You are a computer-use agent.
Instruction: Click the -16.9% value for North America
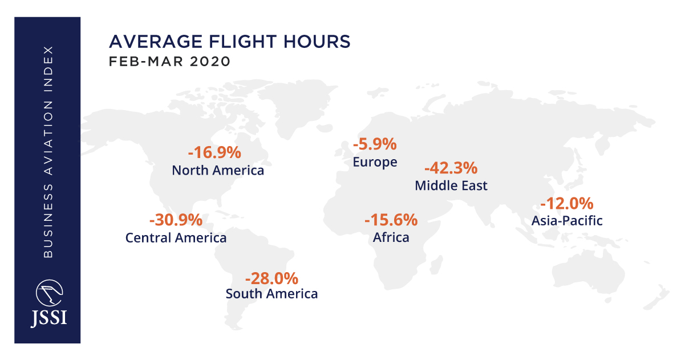tap(214, 153)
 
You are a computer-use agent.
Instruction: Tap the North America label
tap(218, 170)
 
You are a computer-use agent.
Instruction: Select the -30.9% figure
tap(176, 220)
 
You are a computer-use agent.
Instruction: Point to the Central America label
tap(176, 237)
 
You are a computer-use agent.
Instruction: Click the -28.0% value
tap(271, 278)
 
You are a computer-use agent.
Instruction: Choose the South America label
tap(271, 294)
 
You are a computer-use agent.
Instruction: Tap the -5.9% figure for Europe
tap(374, 144)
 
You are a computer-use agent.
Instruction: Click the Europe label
tap(375, 162)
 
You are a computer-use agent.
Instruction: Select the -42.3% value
tap(451, 168)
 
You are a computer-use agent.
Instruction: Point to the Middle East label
tap(451, 185)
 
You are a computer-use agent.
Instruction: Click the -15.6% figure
tap(391, 220)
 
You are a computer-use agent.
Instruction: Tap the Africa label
tap(391, 237)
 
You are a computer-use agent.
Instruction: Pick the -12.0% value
tap(567, 203)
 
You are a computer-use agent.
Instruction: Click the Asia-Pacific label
tap(567, 220)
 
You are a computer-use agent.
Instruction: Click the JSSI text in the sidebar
tap(48, 318)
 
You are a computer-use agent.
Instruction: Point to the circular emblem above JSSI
tap(48, 293)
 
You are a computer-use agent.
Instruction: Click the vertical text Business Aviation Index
tap(48, 151)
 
